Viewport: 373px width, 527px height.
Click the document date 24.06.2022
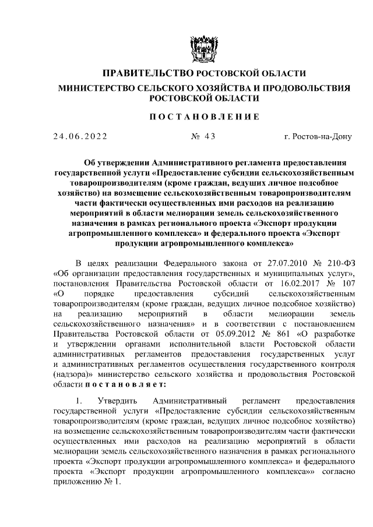80,137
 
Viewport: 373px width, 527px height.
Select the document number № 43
203,137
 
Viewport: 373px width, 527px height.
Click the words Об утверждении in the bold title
113,163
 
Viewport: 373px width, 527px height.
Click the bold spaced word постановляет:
125,385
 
